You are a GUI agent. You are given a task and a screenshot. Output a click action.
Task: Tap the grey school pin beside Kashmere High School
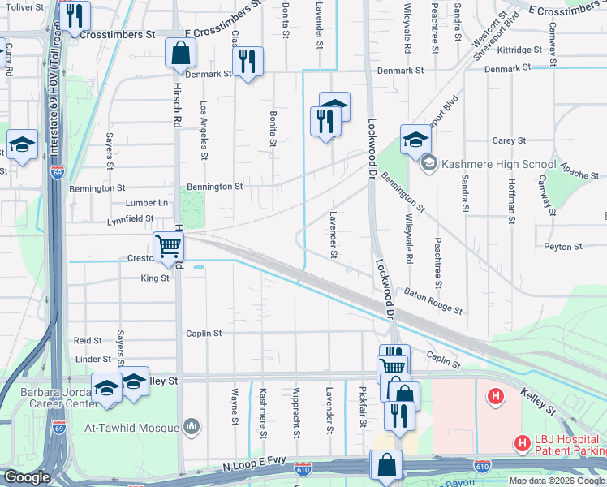428,163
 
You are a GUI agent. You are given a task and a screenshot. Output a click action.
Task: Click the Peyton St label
563,246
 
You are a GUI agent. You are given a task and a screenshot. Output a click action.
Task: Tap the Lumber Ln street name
147,203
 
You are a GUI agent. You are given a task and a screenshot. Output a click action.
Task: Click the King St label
154,278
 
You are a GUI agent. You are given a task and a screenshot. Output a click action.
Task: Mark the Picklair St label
363,406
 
